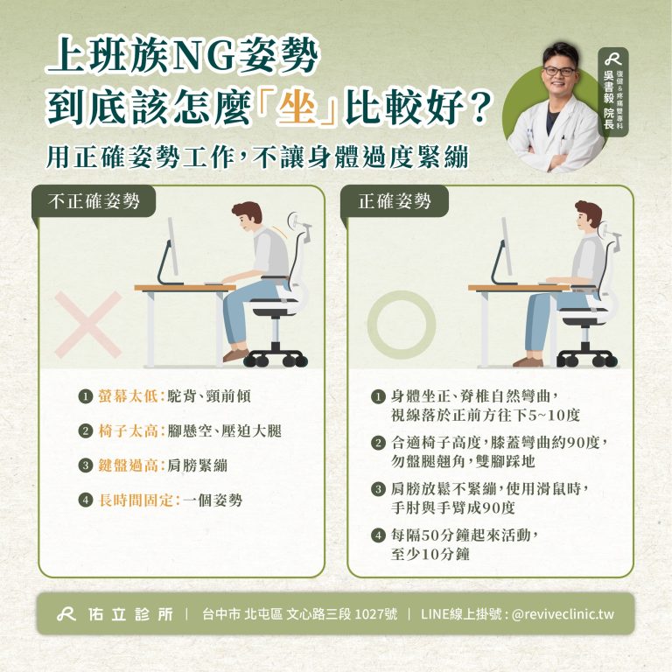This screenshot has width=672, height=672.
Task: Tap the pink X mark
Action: (x=88, y=325)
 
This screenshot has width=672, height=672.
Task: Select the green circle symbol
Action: (x=401, y=325)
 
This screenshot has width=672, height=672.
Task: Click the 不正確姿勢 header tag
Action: (x=94, y=201)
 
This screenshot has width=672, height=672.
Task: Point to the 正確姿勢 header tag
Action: (x=395, y=201)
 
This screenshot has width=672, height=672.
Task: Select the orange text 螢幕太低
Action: (x=128, y=396)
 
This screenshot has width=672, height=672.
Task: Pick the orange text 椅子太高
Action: (x=128, y=430)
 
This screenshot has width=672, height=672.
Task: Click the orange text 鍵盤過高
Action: (x=128, y=465)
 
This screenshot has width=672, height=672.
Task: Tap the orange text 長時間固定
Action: (x=136, y=500)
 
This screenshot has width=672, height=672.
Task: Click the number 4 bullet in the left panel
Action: (x=86, y=500)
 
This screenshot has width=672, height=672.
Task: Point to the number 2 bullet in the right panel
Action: (x=378, y=442)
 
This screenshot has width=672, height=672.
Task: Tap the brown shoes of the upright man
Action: (x=528, y=361)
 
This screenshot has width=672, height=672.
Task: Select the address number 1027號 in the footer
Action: (x=376, y=613)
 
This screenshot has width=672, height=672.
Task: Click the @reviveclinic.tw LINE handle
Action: (x=563, y=614)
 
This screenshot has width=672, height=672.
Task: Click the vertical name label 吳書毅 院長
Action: (x=609, y=100)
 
